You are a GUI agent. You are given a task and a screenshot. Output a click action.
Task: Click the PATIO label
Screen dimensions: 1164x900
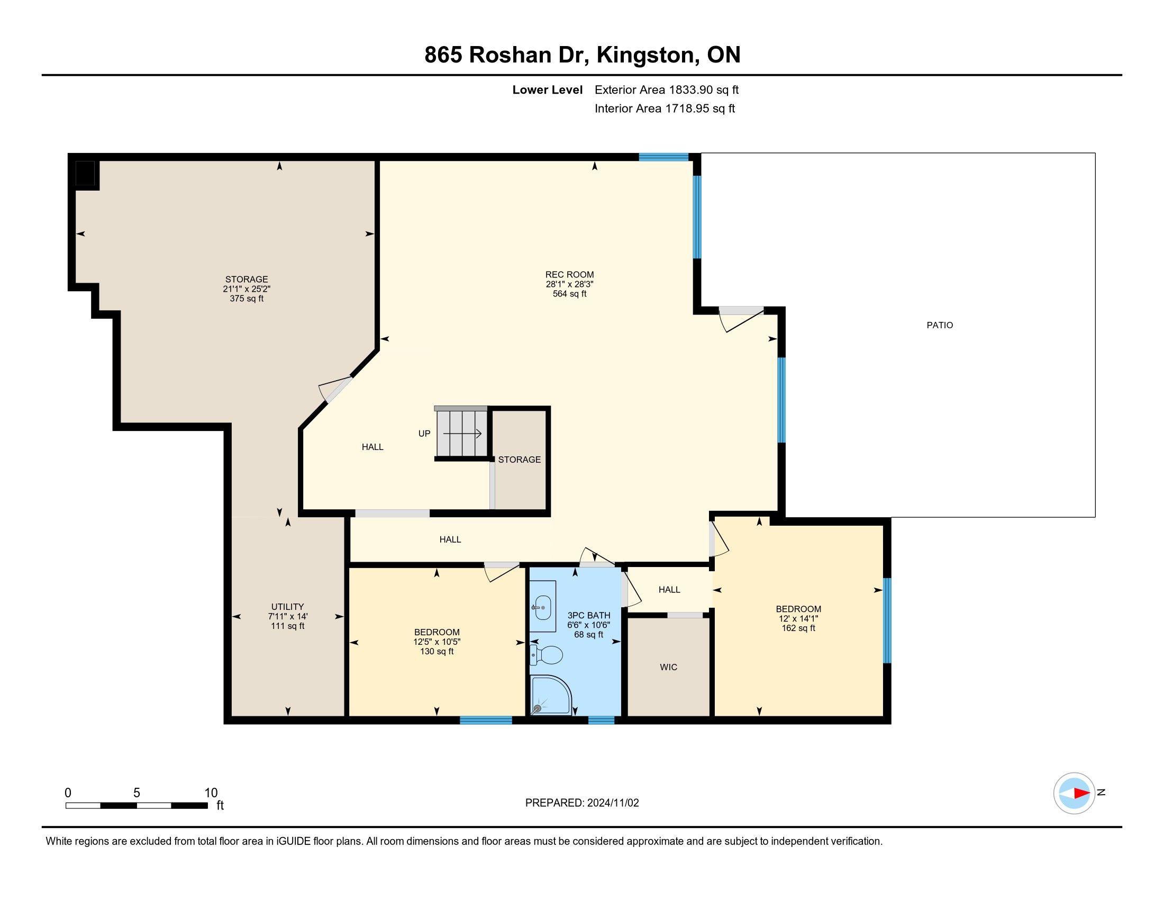coord(940,325)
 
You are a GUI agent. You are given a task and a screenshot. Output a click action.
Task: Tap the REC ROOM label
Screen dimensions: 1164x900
coord(570,275)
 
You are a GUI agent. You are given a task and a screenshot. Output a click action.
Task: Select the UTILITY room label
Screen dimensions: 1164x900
coord(287,607)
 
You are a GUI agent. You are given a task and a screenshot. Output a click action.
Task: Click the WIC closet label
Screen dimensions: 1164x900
coord(668,667)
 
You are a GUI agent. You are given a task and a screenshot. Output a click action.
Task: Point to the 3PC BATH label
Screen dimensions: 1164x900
coord(588,615)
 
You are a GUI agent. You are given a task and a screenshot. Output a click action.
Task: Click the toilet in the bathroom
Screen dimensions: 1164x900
coord(547,654)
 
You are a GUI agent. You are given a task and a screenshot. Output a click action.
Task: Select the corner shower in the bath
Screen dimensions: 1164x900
coord(552,695)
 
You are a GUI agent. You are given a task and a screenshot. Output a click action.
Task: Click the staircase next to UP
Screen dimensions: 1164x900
coord(461,434)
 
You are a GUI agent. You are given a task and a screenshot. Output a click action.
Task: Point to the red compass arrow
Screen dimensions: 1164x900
coord(1081,793)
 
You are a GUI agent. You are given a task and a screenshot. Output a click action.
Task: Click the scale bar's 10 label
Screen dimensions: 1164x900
coord(211,793)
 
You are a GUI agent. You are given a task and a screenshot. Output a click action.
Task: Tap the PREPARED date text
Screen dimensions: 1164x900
coord(582,803)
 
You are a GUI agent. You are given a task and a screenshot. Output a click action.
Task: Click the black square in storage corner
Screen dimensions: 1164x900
coord(85,173)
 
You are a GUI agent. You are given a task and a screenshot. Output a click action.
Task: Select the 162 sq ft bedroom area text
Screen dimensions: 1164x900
coord(798,628)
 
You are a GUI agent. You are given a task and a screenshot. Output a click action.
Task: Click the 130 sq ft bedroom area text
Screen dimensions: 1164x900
coord(436,652)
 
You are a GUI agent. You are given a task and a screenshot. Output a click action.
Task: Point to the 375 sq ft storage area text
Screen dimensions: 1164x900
coord(246,299)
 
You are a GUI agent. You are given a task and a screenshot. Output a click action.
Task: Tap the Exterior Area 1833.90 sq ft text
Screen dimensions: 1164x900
coord(667,89)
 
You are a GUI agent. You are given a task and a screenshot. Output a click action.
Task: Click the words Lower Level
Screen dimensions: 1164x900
coord(548,89)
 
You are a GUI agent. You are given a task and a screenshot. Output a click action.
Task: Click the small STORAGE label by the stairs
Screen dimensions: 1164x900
coord(519,460)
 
